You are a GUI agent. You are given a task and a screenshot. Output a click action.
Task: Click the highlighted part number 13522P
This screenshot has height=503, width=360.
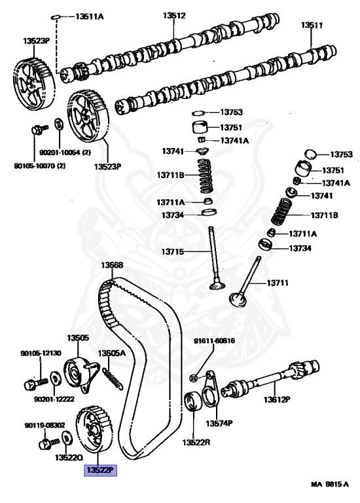click(x=98, y=470)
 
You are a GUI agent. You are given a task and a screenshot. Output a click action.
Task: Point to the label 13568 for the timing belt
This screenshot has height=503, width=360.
click(x=112, y=266)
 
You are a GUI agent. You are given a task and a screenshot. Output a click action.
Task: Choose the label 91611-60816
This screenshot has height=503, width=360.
click(x=212, y=341)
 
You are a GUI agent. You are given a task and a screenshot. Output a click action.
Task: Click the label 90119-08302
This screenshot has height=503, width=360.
click(x=45, y=424)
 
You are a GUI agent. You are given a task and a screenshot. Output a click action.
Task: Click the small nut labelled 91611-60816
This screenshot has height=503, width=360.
click(x=194, y=379)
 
